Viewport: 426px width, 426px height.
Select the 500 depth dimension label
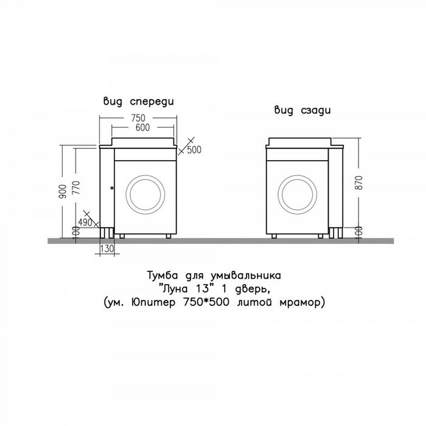[194, 150]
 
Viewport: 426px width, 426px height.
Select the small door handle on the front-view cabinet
[112, 187]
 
